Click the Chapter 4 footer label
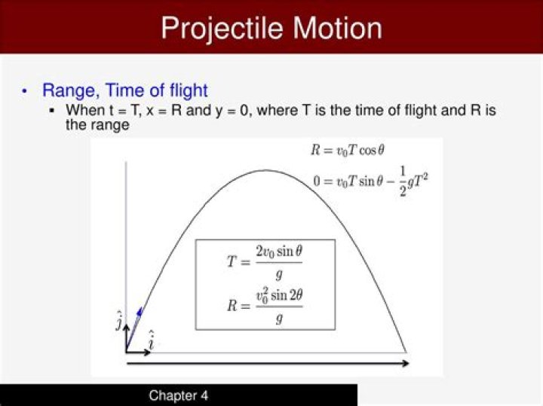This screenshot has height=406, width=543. [x=178, y=395]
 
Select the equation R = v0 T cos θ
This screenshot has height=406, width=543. [x=348, y=150]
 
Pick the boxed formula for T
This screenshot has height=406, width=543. [x=265, y=261]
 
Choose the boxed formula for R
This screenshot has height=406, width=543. [x=265, y=305]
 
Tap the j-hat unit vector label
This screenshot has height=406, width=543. [x=119, y=321]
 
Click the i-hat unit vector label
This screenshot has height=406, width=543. [x=151, y=340]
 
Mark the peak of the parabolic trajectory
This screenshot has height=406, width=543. [x=265, y=170]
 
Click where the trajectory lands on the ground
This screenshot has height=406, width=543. [x=406, y=352]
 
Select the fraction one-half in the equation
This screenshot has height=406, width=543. [x=403, y=186]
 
